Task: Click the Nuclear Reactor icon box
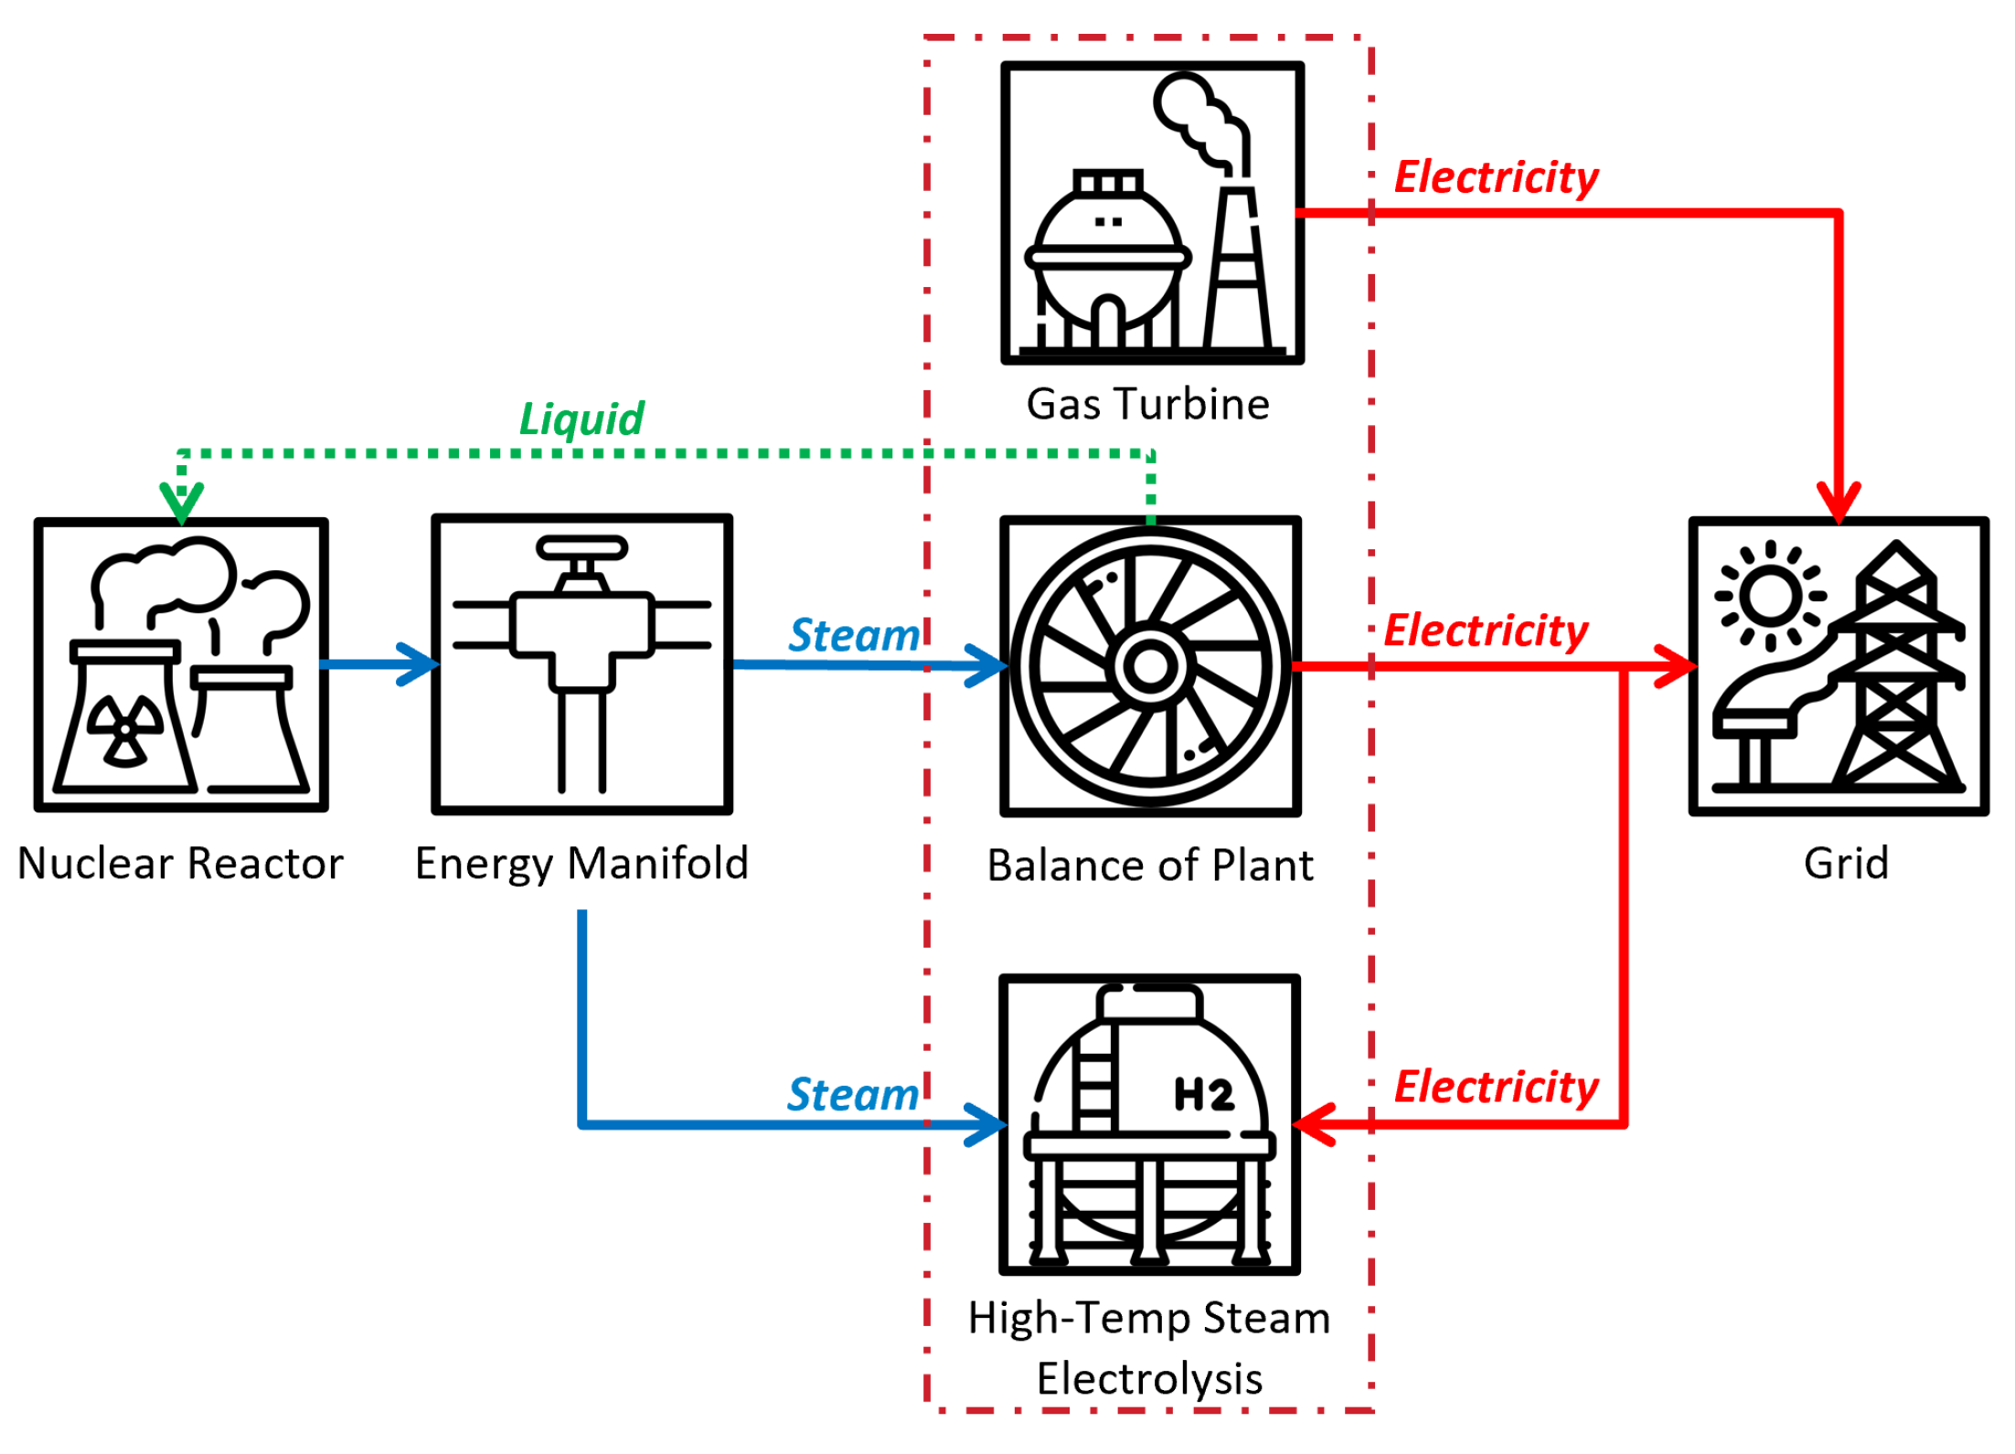pos(181,665)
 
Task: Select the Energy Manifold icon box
pos(581,664)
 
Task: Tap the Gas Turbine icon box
pos(1152,213)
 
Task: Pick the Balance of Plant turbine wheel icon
pos(1150,666)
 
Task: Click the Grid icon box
pos(1838,666)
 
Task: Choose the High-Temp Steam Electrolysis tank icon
pos(1149,1125)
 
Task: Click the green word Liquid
pos(581,419)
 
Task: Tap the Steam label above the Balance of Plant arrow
pos(854,635)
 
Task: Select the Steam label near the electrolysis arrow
pos(852,1095)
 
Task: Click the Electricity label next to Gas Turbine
pos(1496,177)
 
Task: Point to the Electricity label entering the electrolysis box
pos(1496,1088)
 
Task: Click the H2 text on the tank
pos(1203,1095)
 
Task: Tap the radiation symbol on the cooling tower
pos(125,729)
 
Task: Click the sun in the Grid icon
pos(1770,596)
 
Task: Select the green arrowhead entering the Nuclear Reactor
pos(181,503)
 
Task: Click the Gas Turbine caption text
pos(1148,404)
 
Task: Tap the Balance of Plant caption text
pos(1150,865)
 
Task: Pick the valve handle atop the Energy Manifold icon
pos(581,548)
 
